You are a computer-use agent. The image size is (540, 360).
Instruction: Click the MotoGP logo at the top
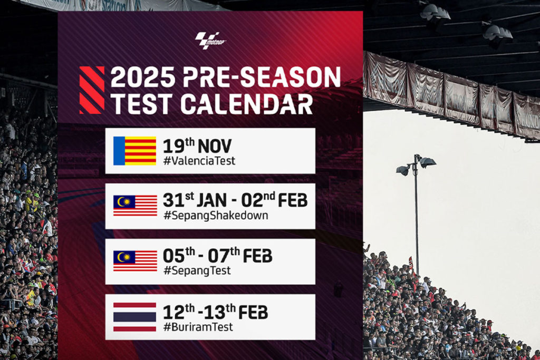coord(210,40)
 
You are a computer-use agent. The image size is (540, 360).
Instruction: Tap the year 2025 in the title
coord(143,77)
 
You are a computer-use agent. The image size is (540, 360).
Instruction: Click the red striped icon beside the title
coord(92,90)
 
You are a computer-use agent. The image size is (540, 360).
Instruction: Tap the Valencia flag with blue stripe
coord(134,151)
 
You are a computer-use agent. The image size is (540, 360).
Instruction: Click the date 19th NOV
coord(197,145)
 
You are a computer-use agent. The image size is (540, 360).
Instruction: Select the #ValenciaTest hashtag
coord(199,161)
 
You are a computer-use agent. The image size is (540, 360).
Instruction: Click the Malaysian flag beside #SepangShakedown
coord(135,206)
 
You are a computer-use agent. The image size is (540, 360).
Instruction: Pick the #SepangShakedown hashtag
coord(216,216)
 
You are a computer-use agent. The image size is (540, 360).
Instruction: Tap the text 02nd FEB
coord(274,200)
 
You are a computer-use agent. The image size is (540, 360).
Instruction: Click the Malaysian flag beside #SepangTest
coord(135,260)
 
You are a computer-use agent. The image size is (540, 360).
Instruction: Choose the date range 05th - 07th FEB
coord(217,255)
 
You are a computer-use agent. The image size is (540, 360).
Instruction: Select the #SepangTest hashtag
coord(197,271)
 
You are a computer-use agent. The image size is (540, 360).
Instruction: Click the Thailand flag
coord(134,317)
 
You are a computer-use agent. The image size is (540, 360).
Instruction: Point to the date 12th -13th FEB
coord(215,312)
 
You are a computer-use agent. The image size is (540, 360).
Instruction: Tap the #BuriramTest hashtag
coord(198,327)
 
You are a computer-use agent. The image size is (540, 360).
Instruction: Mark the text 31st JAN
coord(195,200)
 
